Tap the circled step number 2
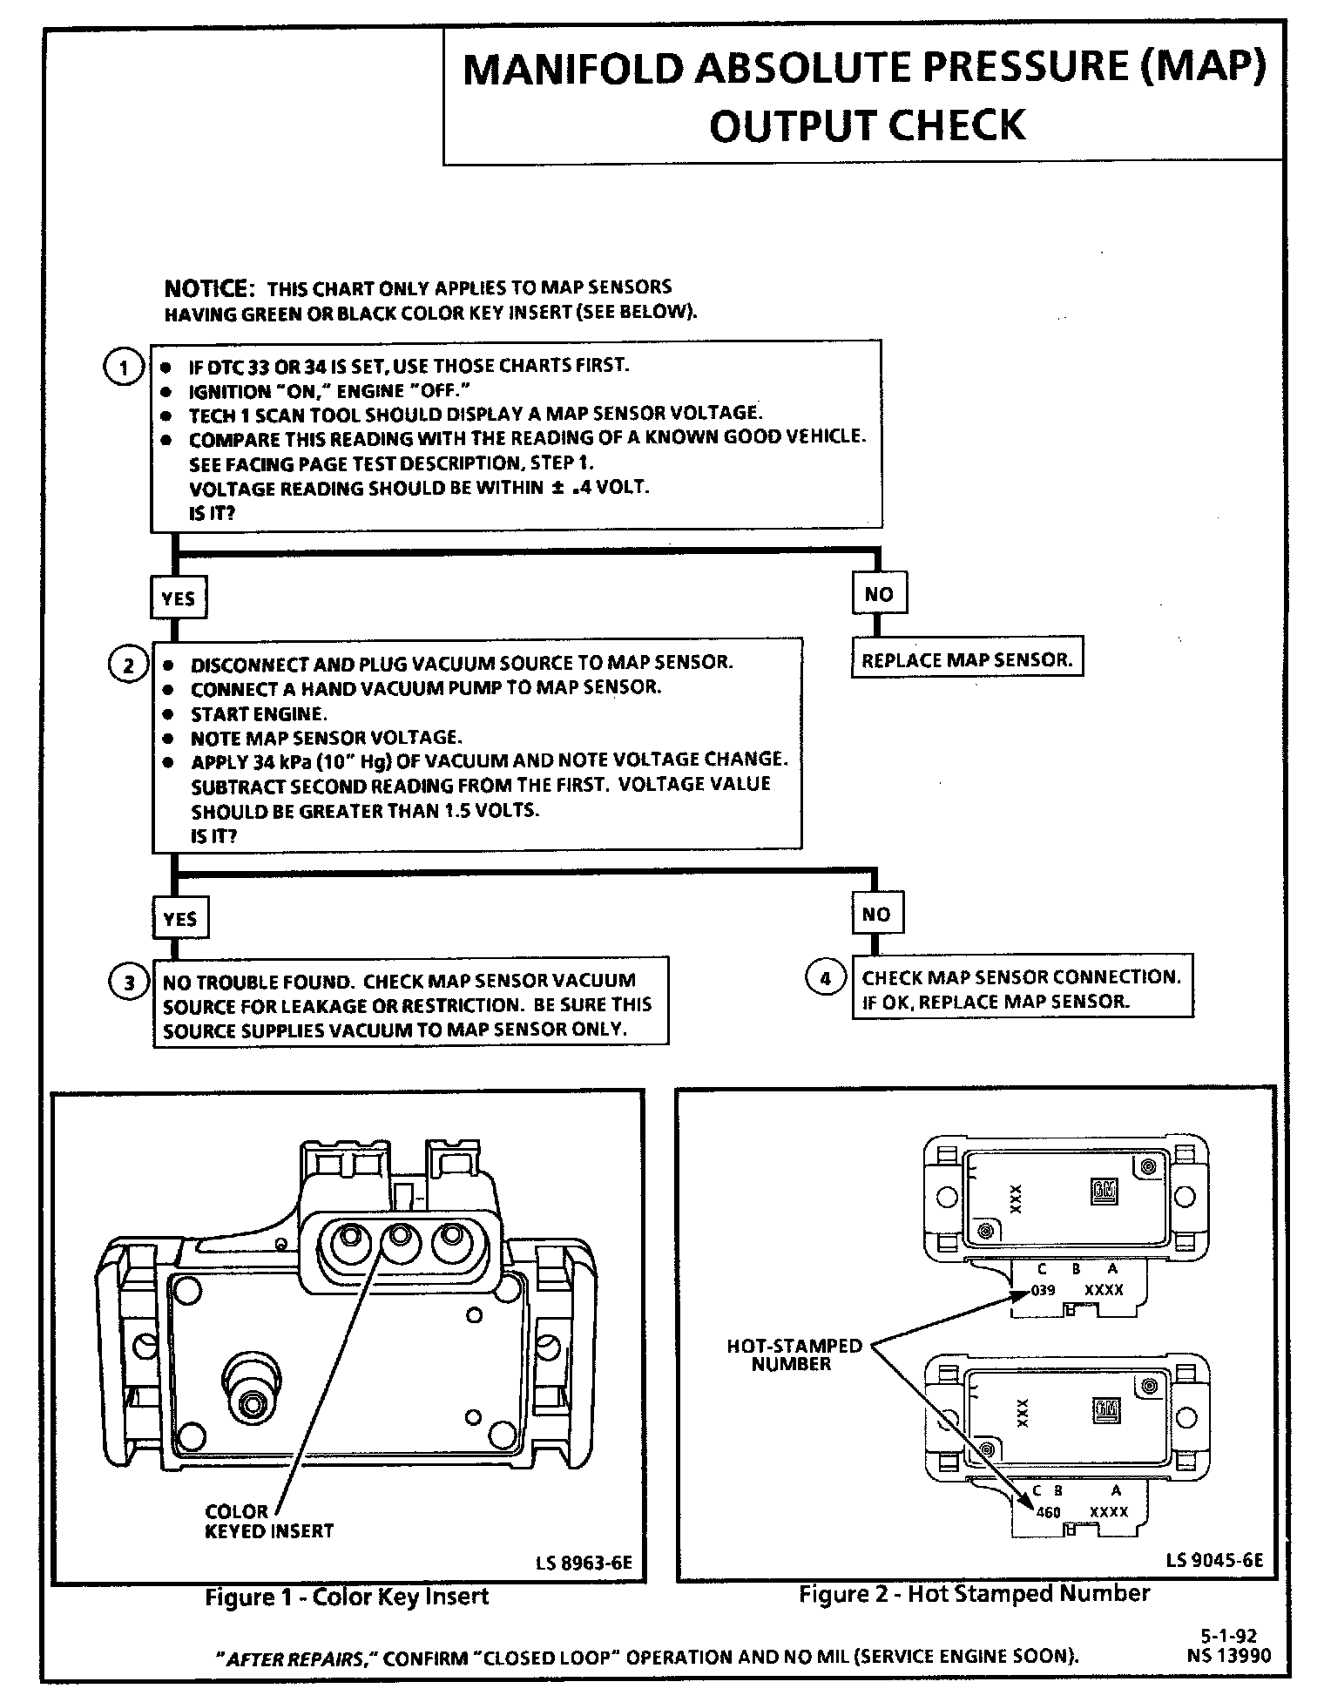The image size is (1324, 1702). tap(128, 666)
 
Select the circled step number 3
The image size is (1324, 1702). tap(129, 983)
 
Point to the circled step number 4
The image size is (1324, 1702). tap(825, 978)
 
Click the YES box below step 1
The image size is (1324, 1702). tap(179, 598)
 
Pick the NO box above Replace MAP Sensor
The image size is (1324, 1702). tap(878, 594)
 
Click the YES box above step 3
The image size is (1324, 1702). tap(179, 918)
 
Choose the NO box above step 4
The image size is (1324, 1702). tap(876, 914)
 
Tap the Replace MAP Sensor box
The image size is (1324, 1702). tap(967, 659)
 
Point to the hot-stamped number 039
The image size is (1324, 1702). tap(1043, 1290)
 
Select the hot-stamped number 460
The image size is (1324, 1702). tap(1048, 1512)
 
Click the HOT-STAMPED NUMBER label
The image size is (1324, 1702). tap(794, 1354)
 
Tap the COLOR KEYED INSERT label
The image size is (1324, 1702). tap(268, 1521)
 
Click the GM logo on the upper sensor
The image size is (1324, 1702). tap(1104, 1192)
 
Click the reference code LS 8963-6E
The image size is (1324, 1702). tap(584, 1563)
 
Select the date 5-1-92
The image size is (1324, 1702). tap(1229, 1636)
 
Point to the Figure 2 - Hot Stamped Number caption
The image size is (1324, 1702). tap(974, 1593)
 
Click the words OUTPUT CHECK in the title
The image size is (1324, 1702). tap(867, 125)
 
